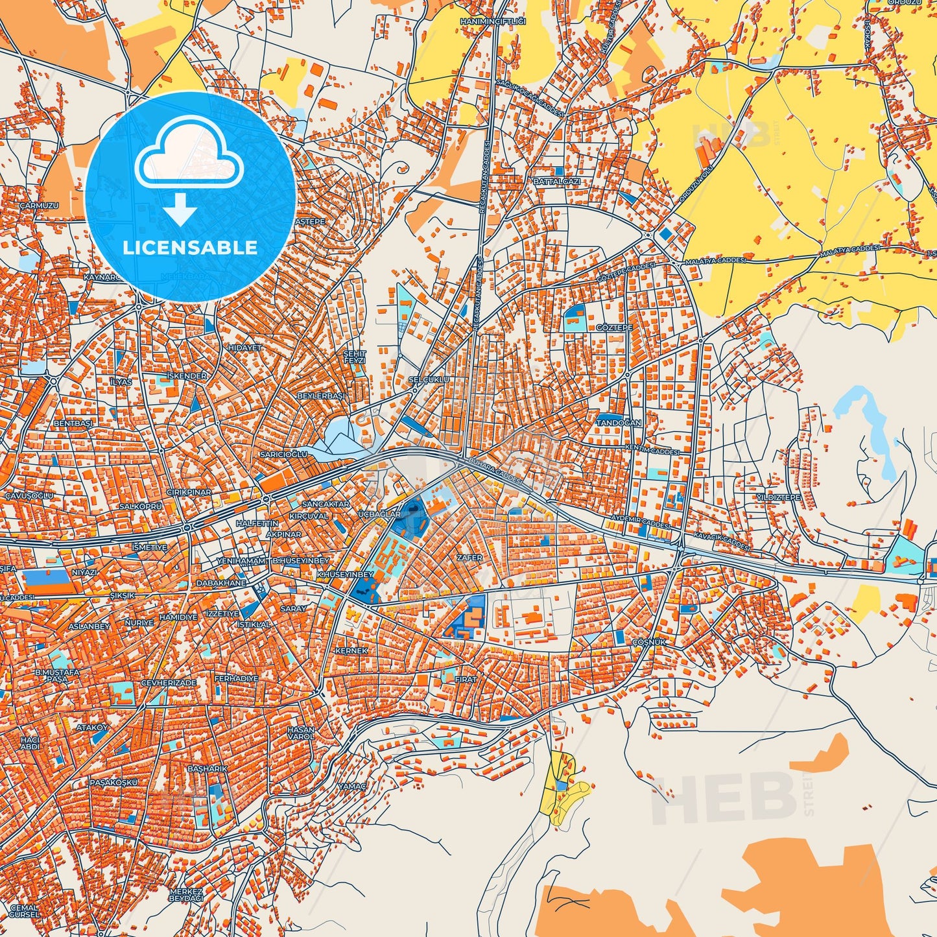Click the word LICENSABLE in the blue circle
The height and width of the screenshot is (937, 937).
190,248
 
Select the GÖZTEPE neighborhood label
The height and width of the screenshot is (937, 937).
613,328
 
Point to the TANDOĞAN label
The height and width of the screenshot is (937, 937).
619,423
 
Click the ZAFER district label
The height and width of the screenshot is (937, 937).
469,558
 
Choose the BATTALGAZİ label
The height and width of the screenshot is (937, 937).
556,182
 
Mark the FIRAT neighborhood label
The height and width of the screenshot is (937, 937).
466,679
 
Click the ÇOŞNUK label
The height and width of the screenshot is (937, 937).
648,642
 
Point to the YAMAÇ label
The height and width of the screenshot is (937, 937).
353,786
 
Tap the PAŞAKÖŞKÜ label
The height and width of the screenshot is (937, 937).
114,782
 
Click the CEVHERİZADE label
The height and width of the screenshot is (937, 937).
169,683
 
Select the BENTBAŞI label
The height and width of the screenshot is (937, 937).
73,423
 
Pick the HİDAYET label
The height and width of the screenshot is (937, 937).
244,348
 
